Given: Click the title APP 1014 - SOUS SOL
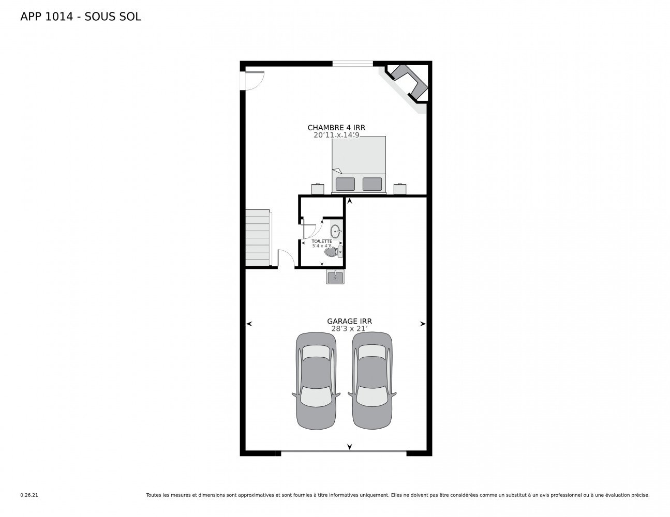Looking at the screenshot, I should (x=80, y=17).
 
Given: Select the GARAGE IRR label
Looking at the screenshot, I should (x=349, y=321).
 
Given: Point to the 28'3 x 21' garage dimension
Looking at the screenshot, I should (x=349, y=328).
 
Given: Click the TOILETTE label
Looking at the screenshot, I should (x=321, y=241).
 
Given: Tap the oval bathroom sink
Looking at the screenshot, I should (x=335, y=231).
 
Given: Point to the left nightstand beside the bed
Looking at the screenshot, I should (x=317, y=189).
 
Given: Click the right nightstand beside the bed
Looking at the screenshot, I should (x=400, y=189).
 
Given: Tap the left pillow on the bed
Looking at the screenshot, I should (x=345, y=184).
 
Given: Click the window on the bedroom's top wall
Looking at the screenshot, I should (x=352, y=64).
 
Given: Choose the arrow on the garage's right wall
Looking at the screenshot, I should (x=423, y=324).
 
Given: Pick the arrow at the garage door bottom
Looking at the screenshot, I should (x=350, y=447).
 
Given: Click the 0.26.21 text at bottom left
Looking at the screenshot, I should (x=29, y=495).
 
